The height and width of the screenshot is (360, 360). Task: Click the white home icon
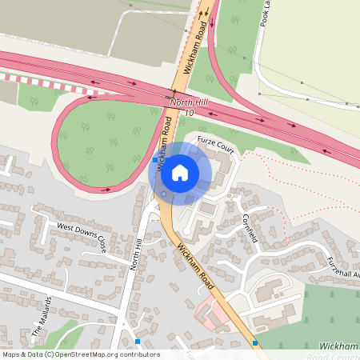180,172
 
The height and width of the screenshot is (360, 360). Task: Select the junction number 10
189,113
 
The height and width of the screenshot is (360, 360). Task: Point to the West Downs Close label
82,238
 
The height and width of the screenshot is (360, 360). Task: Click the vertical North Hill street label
135,267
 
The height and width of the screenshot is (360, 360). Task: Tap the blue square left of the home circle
155,160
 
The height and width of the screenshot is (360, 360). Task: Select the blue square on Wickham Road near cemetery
255,343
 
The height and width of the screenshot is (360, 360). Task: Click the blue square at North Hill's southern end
138,342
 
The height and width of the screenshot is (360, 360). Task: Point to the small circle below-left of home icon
163,193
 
